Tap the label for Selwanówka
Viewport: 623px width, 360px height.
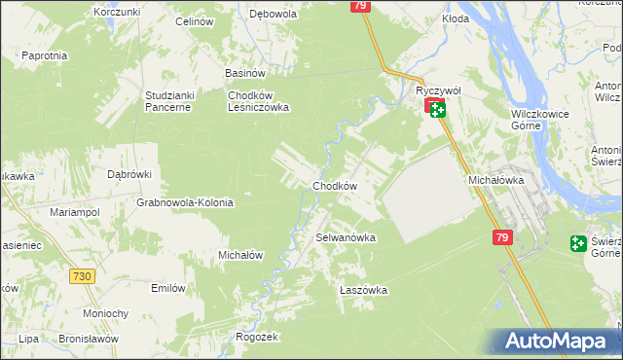[346, 237]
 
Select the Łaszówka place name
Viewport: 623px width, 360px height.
[363, 290]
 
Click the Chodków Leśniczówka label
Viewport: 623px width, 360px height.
[258, 101]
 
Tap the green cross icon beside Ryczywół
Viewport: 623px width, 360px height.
[438, 110]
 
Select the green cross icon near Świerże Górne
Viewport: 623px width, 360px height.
[579, 243]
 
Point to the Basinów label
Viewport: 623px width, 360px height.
[245, 72]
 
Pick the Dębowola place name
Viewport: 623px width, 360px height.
[273, 15]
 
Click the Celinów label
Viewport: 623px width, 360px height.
[195, 20]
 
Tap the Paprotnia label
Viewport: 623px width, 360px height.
[44, 55]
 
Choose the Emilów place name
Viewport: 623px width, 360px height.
[168, 288]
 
